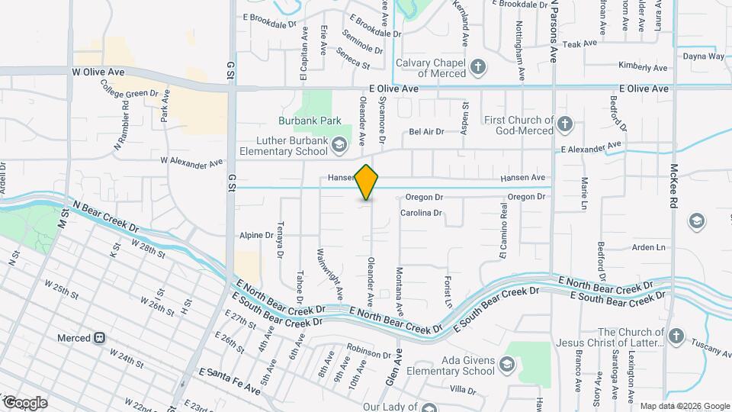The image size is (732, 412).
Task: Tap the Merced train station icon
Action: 99,338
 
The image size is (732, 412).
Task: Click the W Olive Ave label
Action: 98,72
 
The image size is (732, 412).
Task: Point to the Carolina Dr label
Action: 421,213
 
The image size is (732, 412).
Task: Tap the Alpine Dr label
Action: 256,236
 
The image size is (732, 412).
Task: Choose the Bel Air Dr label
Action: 426,132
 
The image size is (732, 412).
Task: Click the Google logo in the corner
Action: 24,403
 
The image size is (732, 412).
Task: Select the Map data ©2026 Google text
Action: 685,406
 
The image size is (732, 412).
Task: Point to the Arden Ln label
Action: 649,247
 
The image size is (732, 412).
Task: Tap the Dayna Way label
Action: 703,56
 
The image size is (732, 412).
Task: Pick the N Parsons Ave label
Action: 554,31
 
